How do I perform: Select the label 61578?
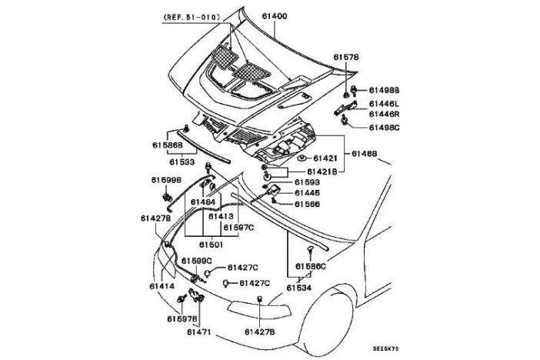tap(346, 57)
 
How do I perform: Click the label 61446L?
tap(384, 102)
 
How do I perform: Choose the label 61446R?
tap(384, 114)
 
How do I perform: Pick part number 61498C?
tap(384, 127)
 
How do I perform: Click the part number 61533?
tap(182, 162)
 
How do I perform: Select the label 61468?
tap(365, 154)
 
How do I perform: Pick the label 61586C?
tap(312, 266)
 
